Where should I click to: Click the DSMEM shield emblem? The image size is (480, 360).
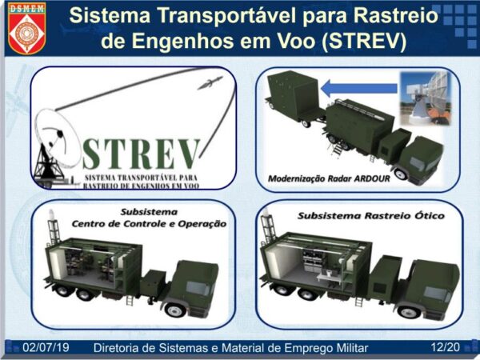coord(26,28)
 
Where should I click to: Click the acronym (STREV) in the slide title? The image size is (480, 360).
coord(364,41)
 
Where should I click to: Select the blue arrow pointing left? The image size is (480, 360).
coord(360,88)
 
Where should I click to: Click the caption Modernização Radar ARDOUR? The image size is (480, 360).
coord(329,178)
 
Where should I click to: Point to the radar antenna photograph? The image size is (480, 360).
coord(426,98)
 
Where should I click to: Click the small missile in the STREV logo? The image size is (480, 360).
coord(210,82)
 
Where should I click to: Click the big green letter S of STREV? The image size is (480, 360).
coord(91,154)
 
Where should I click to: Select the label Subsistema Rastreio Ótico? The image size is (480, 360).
coord(371,215)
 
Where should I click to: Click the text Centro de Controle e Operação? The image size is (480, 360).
coord(149,224)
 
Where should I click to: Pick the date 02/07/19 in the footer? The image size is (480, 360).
coord(46,348)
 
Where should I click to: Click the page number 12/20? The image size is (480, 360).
coord(446,347)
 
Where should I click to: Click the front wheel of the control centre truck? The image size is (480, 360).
coord(175,310)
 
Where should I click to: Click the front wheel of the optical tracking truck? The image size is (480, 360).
coord(409,312)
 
